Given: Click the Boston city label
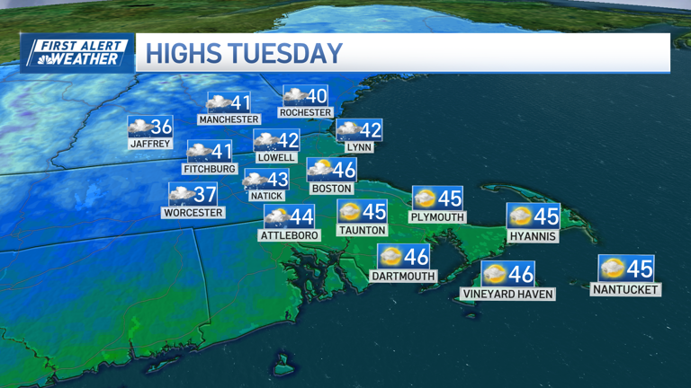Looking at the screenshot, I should (331, 189).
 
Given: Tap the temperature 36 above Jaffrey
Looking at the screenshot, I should (161, 127).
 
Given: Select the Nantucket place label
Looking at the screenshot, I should (625, 289).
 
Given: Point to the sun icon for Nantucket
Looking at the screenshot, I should (613, 268).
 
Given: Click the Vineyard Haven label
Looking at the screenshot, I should (507, 294).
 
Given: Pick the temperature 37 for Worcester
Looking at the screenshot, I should (204, 194).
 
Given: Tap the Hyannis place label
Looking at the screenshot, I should (533, 236).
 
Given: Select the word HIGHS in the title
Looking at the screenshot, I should (183, 54).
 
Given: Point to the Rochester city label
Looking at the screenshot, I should (305, 112).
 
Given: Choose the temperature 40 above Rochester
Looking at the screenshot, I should (316, 96).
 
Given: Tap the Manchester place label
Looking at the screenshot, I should (229, 119).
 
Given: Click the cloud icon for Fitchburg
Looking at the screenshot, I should (199, 151).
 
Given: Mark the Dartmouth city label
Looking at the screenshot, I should (403, 277).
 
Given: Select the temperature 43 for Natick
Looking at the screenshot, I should (277, 181).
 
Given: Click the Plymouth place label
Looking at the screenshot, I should (436, 216).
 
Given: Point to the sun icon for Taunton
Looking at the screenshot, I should (350, 212).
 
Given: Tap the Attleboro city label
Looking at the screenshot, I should (289, 235).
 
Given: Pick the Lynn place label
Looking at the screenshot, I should (358, 147).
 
